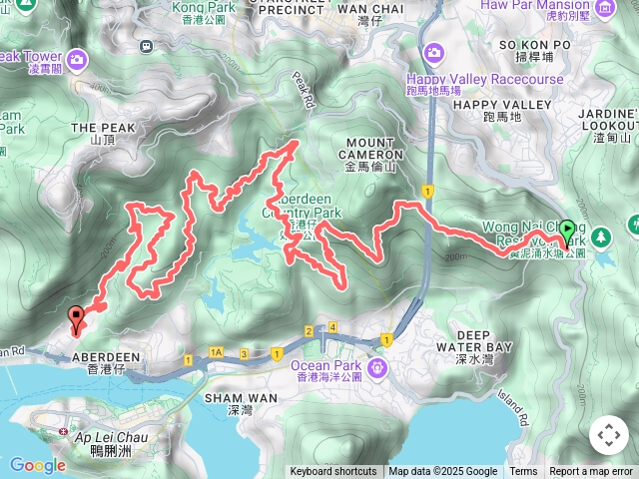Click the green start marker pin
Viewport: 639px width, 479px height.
click(x=567, y=233)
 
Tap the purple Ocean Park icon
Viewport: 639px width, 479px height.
click(x=377, y=369)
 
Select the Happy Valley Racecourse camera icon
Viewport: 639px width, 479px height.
click(x=434, y=52)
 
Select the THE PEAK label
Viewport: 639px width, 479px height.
click(x=97, y=129)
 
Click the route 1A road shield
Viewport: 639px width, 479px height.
click(x=217, y=353)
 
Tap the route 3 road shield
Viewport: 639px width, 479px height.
click(x=244, y=354)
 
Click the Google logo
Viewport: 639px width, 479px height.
click(x=37, y=465)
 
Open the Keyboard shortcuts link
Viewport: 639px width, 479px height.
click(x=333, y=472)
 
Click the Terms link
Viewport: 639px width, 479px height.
click(x=523, y=472)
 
